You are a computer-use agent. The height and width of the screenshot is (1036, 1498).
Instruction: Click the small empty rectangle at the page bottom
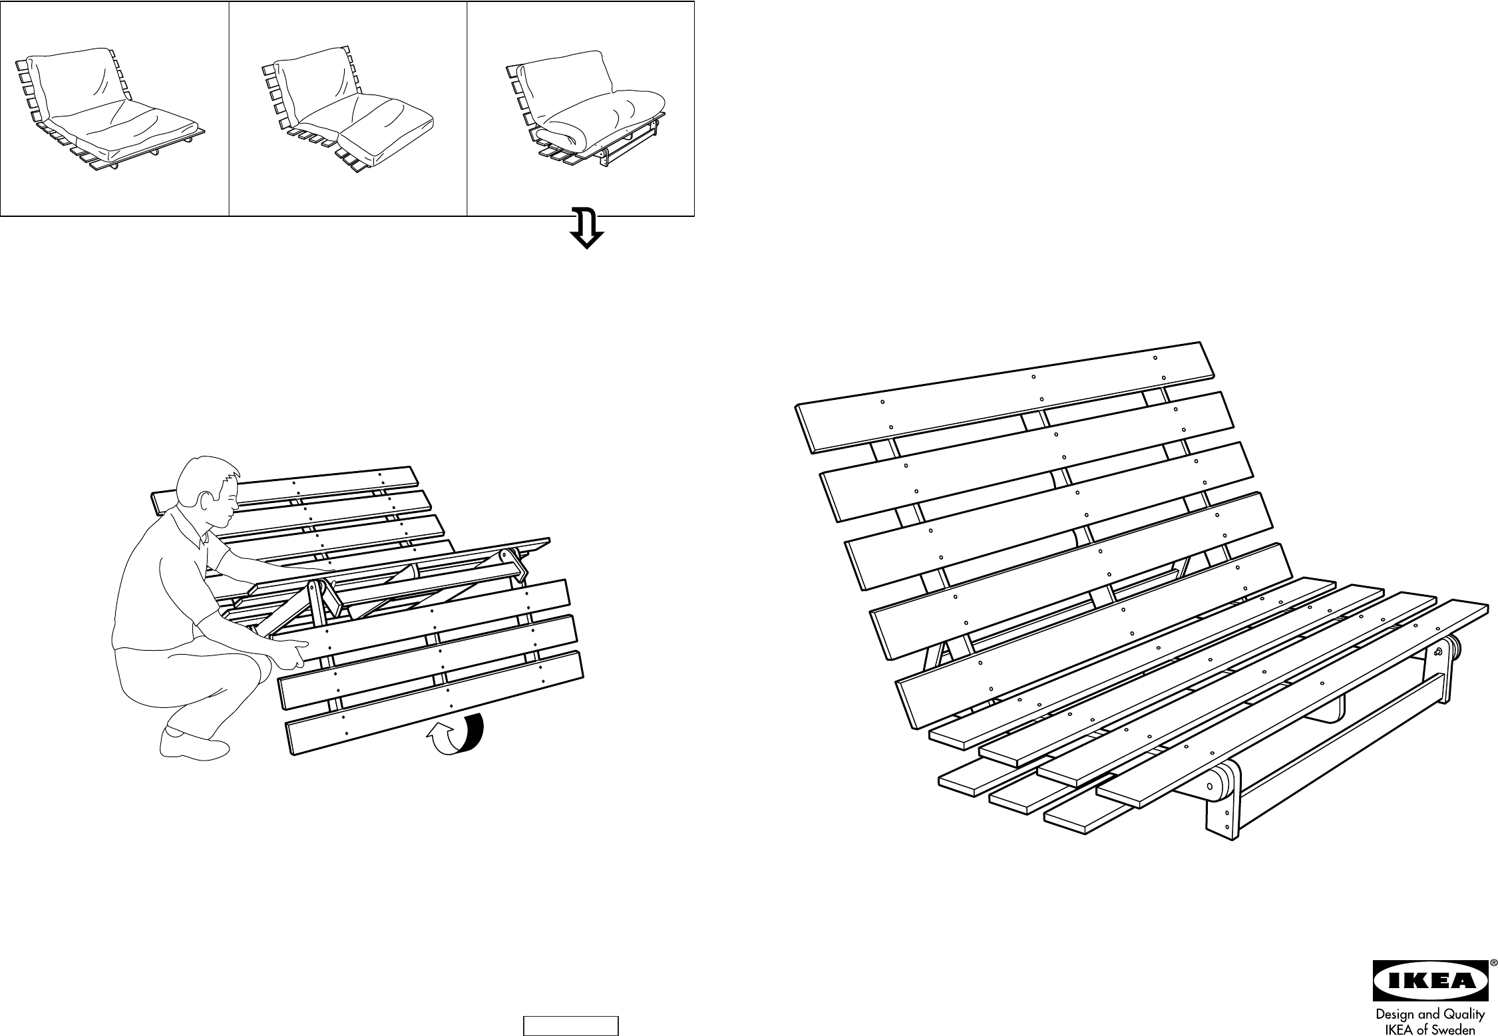click(x=570, y=1025)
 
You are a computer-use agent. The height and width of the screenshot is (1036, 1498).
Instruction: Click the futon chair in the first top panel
click(x=110, y=110)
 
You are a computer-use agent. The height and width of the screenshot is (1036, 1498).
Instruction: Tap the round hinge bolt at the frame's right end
click(x=1441, y=651)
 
